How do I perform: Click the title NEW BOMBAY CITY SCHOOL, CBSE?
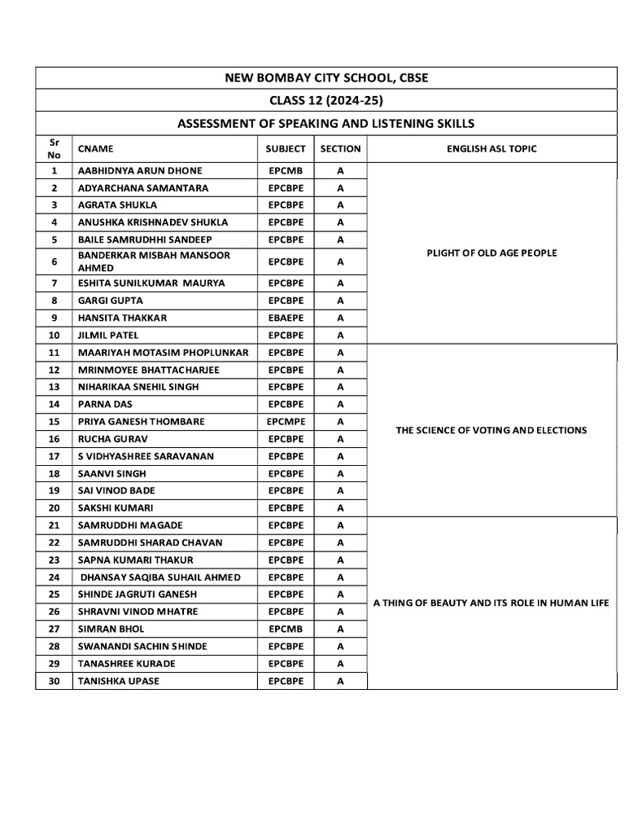[x=326, y=78]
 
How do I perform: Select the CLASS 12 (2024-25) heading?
[x=326, y=101]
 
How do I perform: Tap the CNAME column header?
[x=96, y=149]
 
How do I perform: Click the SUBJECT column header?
[x=286, y=149]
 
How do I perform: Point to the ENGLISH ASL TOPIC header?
[x=492, y=149]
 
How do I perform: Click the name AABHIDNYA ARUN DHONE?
[x=140, y=171]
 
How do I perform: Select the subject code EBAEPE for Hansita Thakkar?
[x=286, y=318]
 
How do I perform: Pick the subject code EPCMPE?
[x=286, y=422]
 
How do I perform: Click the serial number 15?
[x=55, y=422]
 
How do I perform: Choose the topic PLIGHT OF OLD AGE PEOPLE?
[x=492, y=253]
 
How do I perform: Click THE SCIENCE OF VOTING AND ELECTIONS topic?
[x=492, y=430]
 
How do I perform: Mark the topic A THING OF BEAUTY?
[x=491, y=604]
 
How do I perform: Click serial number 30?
[x=55, y=681]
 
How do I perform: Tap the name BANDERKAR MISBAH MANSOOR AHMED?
[x=154, y=261]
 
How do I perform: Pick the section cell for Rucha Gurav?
[x=340, y=439]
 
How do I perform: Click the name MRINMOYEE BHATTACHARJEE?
[x=148, y=370]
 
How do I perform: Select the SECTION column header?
[x=340, y=149]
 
